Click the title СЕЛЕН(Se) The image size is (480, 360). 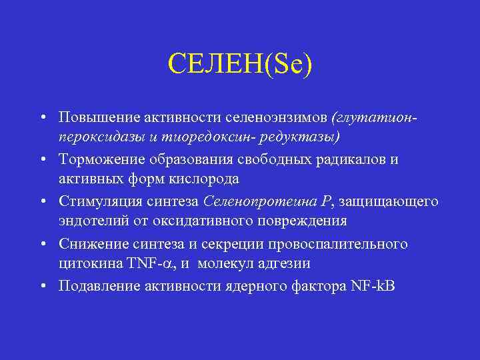(x=240, y=65)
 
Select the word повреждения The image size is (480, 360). (x=305, y=220)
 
